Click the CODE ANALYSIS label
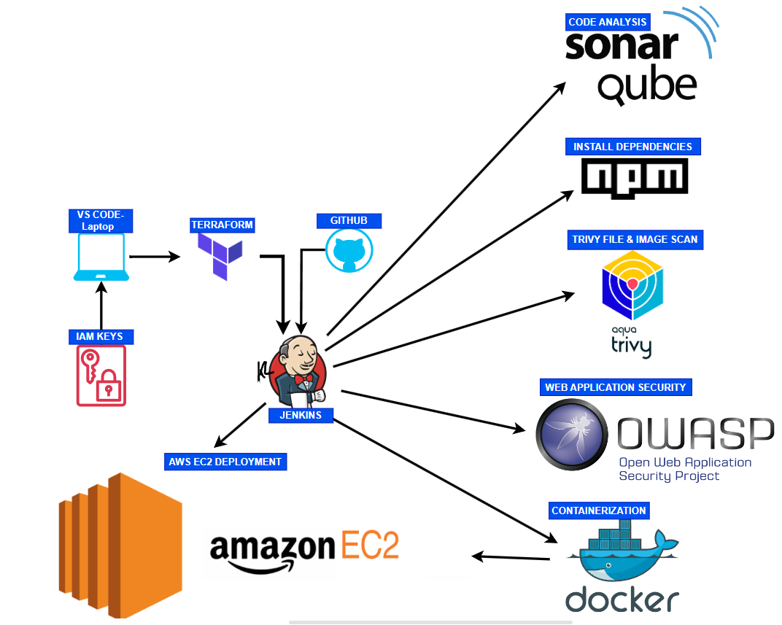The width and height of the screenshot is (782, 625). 607,22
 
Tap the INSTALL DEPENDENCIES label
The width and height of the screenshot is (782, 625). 632,147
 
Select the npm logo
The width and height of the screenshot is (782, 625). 635,176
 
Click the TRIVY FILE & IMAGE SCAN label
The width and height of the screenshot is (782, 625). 635,239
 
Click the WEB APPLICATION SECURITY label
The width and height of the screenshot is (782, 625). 615,387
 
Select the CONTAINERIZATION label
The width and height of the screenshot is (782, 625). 598,511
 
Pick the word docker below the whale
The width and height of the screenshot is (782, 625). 622,599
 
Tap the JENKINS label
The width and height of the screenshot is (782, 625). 301,415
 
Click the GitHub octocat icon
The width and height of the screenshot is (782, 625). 349,251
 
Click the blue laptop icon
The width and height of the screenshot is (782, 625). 101,257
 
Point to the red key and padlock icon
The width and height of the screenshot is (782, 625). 101,375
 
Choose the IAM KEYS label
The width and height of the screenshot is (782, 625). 101,336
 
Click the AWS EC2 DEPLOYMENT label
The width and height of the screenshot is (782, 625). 225,462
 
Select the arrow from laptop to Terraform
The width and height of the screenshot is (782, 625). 154,257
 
